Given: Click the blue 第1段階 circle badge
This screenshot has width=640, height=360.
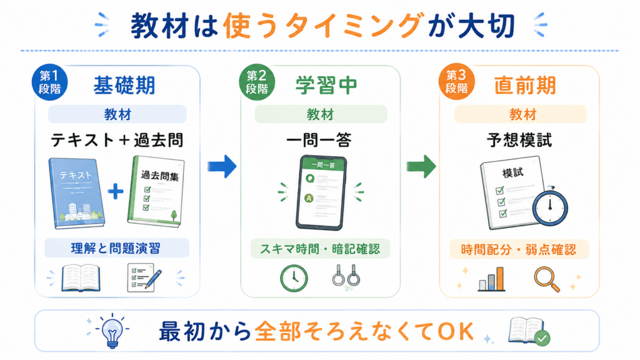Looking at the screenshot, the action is [x=49, y=82].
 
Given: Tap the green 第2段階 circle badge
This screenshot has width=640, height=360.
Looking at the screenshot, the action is [x=257, y=82].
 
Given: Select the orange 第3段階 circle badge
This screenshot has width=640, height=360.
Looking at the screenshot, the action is [x=456, y=82].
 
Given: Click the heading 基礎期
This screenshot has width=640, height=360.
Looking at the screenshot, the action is [x=124, y=86].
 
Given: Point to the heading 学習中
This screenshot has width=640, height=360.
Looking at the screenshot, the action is [x=326, y=86].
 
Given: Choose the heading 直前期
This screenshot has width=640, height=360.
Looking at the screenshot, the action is [x=525, y=86].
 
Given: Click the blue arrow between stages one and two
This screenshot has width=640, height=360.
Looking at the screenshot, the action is [x=222, y=166].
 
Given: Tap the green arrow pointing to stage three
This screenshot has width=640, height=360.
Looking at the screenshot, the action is [x=421, y=166].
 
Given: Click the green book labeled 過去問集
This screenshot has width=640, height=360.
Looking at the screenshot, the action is [x=156, y=191].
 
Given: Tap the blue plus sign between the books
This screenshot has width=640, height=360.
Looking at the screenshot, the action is [x=116, y=191].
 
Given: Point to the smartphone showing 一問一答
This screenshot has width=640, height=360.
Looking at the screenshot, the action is [x=321, y=192].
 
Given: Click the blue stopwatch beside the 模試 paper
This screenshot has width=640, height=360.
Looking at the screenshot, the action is [x=550, y=206].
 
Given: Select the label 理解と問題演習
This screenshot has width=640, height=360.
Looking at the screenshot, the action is [x=116, y=248].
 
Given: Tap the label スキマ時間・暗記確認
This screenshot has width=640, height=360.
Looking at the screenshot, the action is [x=320, y=249].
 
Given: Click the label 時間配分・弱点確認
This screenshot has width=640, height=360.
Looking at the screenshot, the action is [x=519, y=249].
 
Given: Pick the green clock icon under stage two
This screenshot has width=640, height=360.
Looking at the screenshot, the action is [x=294, y=278].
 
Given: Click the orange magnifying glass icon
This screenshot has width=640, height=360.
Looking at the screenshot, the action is [x=547, y=279].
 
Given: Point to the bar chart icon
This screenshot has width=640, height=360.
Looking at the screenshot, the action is [x=491, y=279].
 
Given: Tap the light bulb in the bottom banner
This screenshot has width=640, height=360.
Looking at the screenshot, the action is [x=112, y=331].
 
